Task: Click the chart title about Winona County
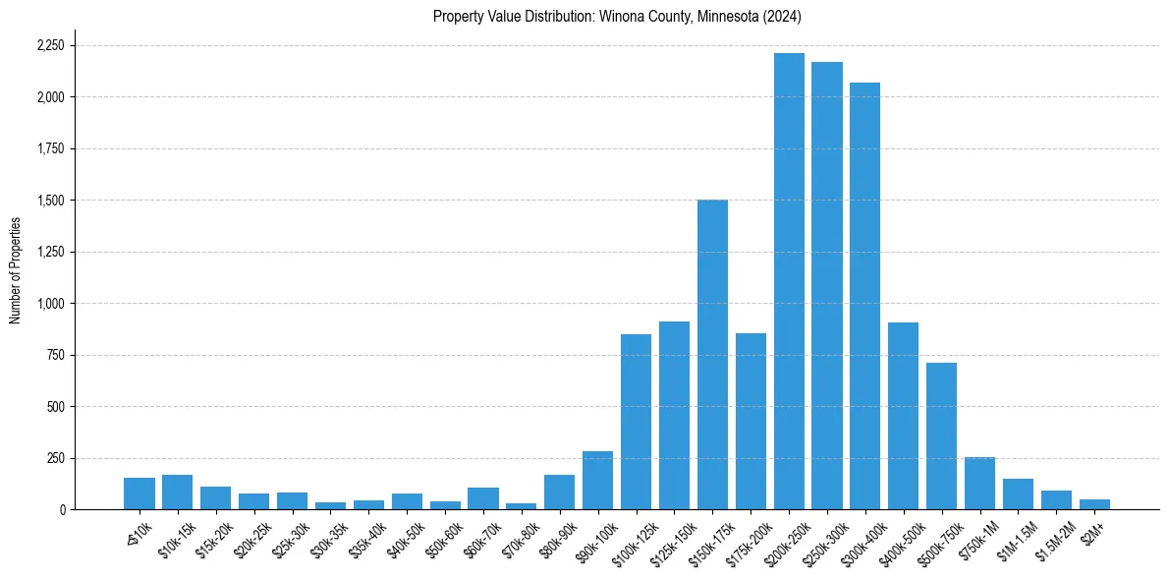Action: coord(617,17)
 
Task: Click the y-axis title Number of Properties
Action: coord(15,269)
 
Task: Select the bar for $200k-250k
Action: coord(789,281)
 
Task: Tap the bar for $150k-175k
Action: coord(712,355)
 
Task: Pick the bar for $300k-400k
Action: coord(864,296)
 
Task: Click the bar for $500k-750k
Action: coord(941,436)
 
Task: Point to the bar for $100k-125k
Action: coord(636,422)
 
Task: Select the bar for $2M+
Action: coord(1094,504)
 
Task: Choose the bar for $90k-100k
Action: coord(597,481)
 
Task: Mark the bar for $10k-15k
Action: coord(177,493)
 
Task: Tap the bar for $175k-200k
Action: coord(751,422)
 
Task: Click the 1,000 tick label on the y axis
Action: coord(51,304)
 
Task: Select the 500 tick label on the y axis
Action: coord(57,407)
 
